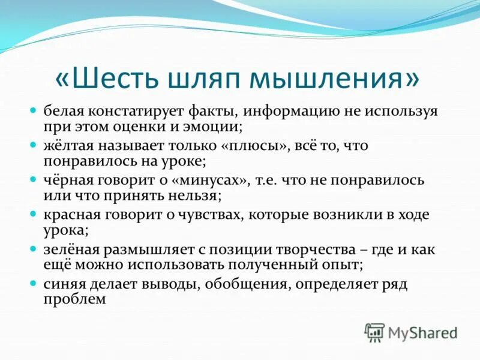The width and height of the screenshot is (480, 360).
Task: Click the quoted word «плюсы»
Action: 257,146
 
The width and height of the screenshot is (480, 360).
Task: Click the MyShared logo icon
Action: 374,332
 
